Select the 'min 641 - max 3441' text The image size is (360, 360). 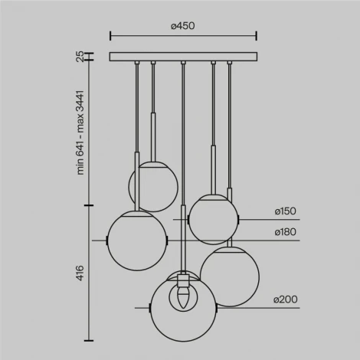pyautogui.click(x=80, y=132)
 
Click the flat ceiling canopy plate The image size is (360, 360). pyautogui.click(x=182, y=56)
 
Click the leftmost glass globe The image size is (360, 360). pyautogui.click(x=136, y=240)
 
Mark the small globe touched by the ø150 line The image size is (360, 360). pyautogui.click(x=211, y=220)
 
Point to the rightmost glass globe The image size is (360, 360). pyautogui.click(x=229, y=276)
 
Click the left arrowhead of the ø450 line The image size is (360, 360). pyautogui.click(x=112, y=35)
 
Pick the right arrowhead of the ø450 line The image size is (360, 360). pyautogui.click(x=255, y=35)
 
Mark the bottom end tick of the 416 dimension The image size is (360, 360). pyautogui.click(x=90, y=338)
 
